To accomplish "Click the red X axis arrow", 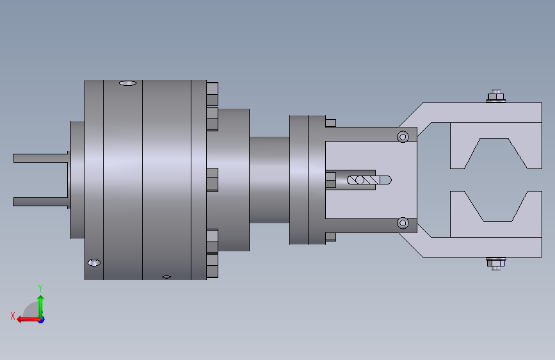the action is coord(28,320).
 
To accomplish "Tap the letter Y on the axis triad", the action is coord(40,288).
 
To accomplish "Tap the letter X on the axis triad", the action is coord(13,316).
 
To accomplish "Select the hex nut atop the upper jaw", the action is coord(496,96).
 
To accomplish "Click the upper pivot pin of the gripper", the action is coord(403,137).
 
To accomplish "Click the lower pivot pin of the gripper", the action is coord(403,223).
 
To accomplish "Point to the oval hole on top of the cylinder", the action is coord(128,83).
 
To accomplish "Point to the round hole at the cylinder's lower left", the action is coord(94,263).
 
